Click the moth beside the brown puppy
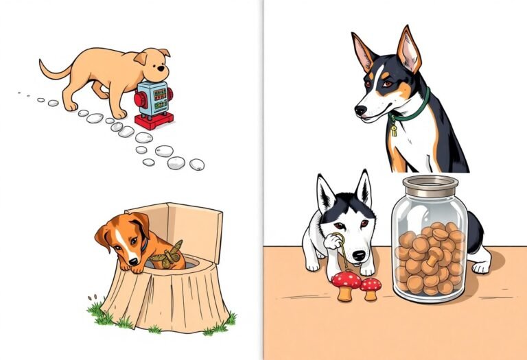168,254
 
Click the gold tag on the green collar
394,128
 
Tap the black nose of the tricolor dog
360,110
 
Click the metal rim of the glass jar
430,184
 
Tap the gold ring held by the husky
334,241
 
